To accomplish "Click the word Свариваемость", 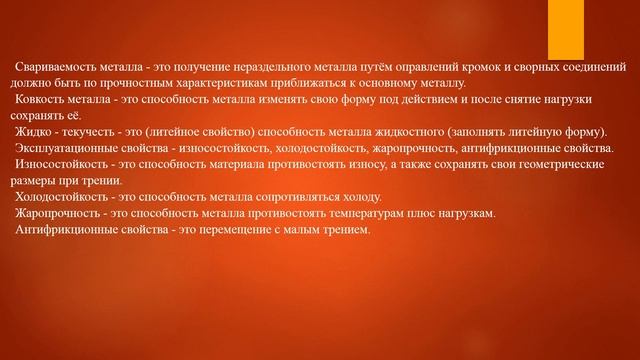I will pos(48,68).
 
